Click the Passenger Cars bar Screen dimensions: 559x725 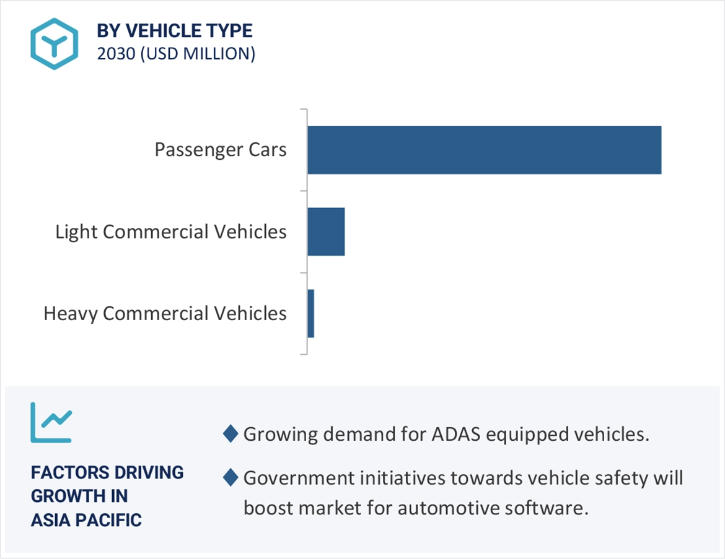pyautogui.click(x=484, y=150)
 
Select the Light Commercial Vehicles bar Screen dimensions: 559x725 pyautogui.click(x=326, y=232)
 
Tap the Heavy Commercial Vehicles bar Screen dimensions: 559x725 pyautogui.click(x=311, y=313)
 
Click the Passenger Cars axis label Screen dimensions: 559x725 pyautogui.click(x=221, y=150)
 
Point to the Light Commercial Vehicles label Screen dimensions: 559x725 pyautogui.click(x=171, y=232)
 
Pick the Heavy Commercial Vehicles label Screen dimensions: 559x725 pyautogui.click(x=165, y=313)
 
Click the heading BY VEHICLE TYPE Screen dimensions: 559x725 pyautogui.click(x=175, y=31)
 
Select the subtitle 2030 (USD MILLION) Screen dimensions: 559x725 pyautogui.click(x=176, y=54)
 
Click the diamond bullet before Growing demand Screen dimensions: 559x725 pyautogui.click(x=231, y=434)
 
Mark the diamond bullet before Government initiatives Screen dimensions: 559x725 pyautogui.click(x=231, y=478)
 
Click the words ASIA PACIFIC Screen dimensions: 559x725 pyautogui.click(x=86, y=519)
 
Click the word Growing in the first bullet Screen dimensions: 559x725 pyautogui.click(x=278, y=435)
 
